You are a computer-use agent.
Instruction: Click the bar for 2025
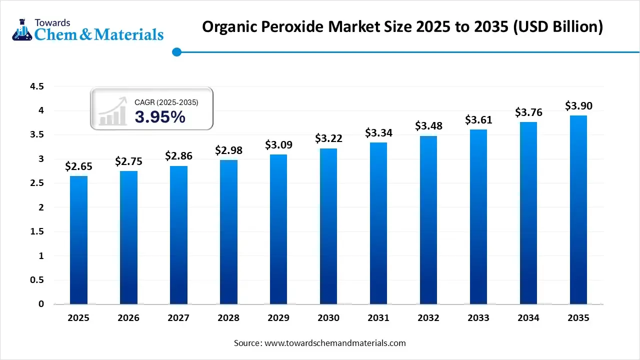click(x=78, y=240)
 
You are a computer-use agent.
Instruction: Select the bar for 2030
click(x=328, y=226)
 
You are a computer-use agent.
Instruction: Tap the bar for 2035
click(x=578, y=209)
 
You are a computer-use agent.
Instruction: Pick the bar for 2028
click(x=228, y=232)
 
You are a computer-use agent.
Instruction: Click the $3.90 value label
click(x=578, y=106)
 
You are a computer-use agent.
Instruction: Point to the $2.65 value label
click(x=78, y=166)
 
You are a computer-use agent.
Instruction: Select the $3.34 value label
click(x=378, y=133)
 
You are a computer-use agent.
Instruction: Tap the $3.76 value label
click(x=528, y=113)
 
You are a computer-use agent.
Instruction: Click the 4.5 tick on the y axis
click(x=37, y=86)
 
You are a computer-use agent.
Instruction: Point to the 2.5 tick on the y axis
click(x=37, y=183)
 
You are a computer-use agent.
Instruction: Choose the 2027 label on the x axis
click(x=178, y=318)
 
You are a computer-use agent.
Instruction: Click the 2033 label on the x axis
click(x=478, y=318)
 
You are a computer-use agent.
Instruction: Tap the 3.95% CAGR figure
click(x=160, y=117)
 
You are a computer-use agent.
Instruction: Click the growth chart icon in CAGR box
click(x=112, y=112)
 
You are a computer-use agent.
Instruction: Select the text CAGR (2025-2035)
click(x=166, y=102)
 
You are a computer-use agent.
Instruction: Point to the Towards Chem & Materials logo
click(x=87, y=29)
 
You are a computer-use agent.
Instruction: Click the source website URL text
click(x=334, y=343)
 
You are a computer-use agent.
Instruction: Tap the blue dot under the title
click(x=176, y=51)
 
